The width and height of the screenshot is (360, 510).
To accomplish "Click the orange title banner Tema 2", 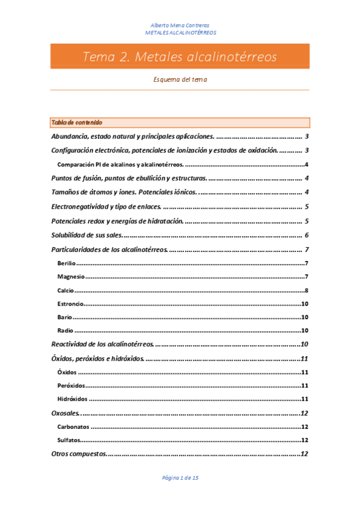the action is point(180,57).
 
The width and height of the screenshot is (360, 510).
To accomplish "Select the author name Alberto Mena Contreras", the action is point(180,25).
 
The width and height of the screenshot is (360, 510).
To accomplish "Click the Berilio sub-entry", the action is point(67,263).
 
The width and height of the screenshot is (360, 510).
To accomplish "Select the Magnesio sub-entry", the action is point(71,277).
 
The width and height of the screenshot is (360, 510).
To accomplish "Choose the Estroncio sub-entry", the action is point(70,304).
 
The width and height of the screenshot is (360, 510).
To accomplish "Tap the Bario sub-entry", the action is point(65,317).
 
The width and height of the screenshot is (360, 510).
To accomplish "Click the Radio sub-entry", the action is point(66,330).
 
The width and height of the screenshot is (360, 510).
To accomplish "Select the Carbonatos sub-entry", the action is point(73,426).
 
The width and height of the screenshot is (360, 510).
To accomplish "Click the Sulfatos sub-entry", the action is point(69,440).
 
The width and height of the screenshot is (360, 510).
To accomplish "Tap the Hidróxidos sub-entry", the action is point(72,399).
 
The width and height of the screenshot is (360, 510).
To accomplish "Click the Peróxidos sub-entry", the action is point(72,386).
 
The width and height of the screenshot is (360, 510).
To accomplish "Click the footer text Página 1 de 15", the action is point(180,478).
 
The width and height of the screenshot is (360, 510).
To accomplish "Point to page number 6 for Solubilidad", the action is point(307,235).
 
